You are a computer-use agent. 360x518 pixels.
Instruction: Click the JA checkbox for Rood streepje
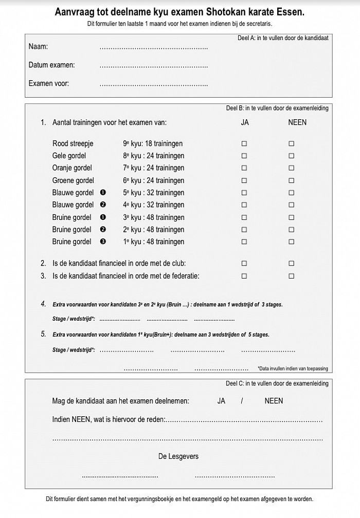pos(244,144)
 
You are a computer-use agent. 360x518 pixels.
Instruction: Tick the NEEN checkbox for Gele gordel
pos(291,156)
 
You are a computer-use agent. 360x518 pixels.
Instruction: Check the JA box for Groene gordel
pos(244,180)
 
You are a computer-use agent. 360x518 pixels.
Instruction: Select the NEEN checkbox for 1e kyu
pos(291,242)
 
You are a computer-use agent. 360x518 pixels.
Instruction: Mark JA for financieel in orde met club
pos(244,264)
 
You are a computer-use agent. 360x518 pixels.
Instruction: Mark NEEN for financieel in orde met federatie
pos(291,276)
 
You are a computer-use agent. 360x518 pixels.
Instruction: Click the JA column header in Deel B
pos(245,123)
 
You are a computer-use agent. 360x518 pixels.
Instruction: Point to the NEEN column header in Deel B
pos(297,123)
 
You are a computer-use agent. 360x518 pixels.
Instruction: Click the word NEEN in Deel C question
pos(274,401)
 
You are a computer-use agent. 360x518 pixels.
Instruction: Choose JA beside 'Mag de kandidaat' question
pos(222,401)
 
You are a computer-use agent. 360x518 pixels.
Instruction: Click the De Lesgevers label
pos(178,456)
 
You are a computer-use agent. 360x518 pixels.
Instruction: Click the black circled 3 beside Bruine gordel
pos(103,242)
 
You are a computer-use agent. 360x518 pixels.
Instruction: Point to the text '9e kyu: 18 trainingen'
pos(153,144)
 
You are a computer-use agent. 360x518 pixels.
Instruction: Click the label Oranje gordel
pos(72,168)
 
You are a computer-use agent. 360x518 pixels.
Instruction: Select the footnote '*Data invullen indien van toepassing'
pos(293,368)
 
